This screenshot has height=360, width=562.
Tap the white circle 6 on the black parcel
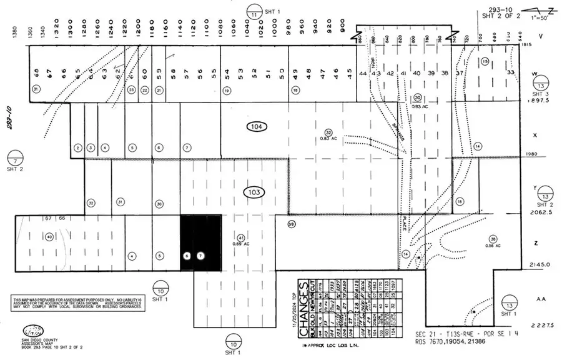[x=187, y=256]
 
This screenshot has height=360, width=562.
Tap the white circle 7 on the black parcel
[x=200, y=256]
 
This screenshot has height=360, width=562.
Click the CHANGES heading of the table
[x=303, y=299]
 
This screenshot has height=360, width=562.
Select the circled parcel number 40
[x=49, y=236]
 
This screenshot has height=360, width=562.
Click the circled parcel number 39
[x=291, y=224]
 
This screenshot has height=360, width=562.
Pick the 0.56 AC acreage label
[x=493, y=244]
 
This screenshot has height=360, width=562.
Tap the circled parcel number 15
[x=485, y=61]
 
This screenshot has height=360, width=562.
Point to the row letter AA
[x=542, y=299]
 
